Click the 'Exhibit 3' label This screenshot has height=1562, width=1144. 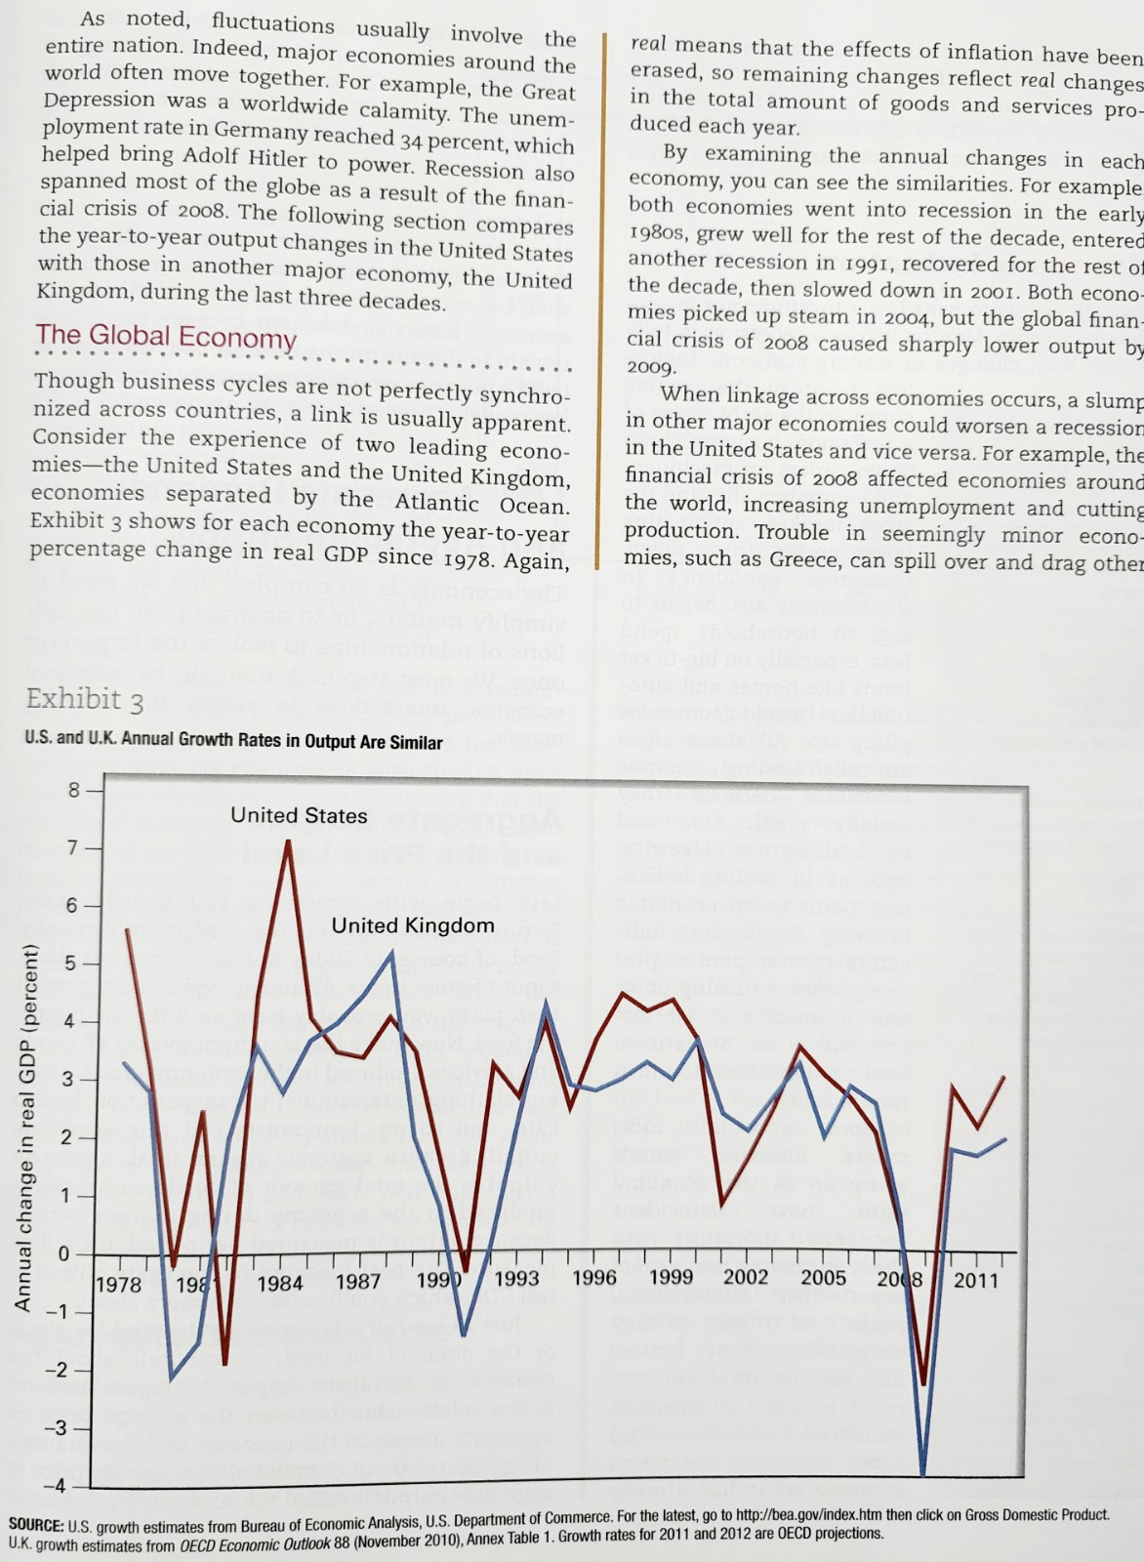tap(85, 700)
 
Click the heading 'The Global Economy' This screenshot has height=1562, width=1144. tap(166, 338)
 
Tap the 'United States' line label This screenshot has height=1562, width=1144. tap(299, 815)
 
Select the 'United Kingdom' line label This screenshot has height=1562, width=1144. tap(413, 925)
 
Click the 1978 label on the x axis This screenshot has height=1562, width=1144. tap(119, 1282)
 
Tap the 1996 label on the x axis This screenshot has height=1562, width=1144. tap(593, 1278)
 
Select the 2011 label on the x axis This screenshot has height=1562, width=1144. tap(975, 1280)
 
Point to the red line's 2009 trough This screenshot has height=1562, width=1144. tap(923, 1383)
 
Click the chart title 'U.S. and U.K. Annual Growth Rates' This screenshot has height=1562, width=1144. tap(234, 741)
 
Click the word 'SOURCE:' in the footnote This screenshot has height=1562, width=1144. tap(35, 1526)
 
